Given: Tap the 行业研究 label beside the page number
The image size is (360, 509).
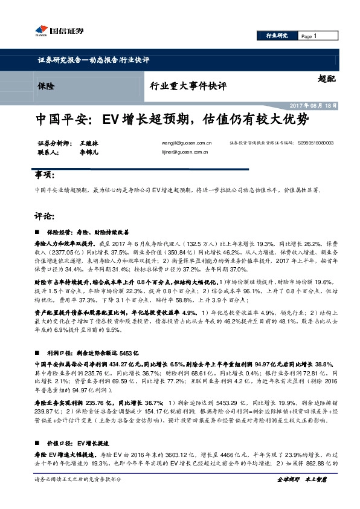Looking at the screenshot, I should [x=277, y=36].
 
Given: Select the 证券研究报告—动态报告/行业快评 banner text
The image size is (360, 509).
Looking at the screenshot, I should [x=93, y=60].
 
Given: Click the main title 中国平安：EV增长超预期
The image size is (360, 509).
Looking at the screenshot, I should [x=173, y=119].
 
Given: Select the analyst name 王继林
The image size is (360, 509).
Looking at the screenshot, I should [x=89, y=143].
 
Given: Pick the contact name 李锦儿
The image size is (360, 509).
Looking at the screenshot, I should [x=89, y=153].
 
